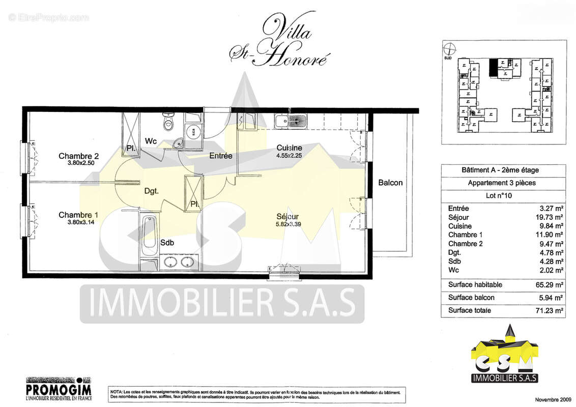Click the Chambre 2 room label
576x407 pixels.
point(78,156)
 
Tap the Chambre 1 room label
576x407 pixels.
point(78,215)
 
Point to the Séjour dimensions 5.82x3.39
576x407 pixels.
point(289,222)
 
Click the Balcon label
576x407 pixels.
point(390,183)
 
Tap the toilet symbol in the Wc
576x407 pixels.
point(167,123)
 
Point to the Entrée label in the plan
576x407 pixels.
point(221,156)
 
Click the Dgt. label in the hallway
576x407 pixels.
point(151,191)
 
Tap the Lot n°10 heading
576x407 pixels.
point(503,195)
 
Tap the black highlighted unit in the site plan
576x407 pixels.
point(493,68)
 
